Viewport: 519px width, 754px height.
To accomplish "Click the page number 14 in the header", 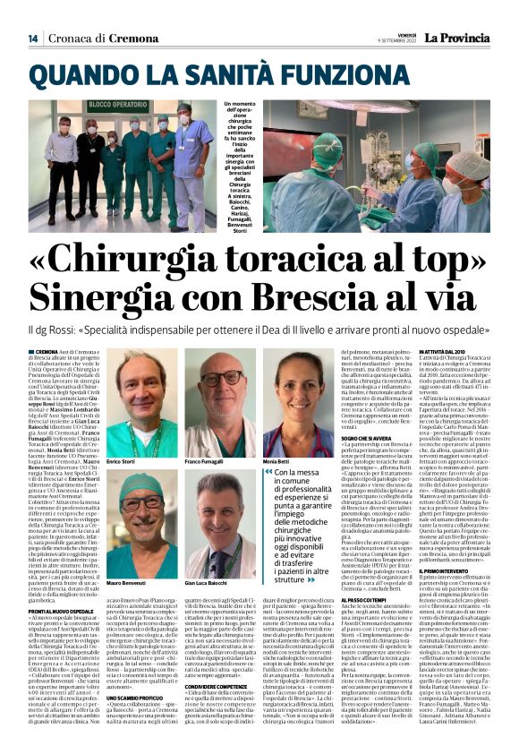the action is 32,38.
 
